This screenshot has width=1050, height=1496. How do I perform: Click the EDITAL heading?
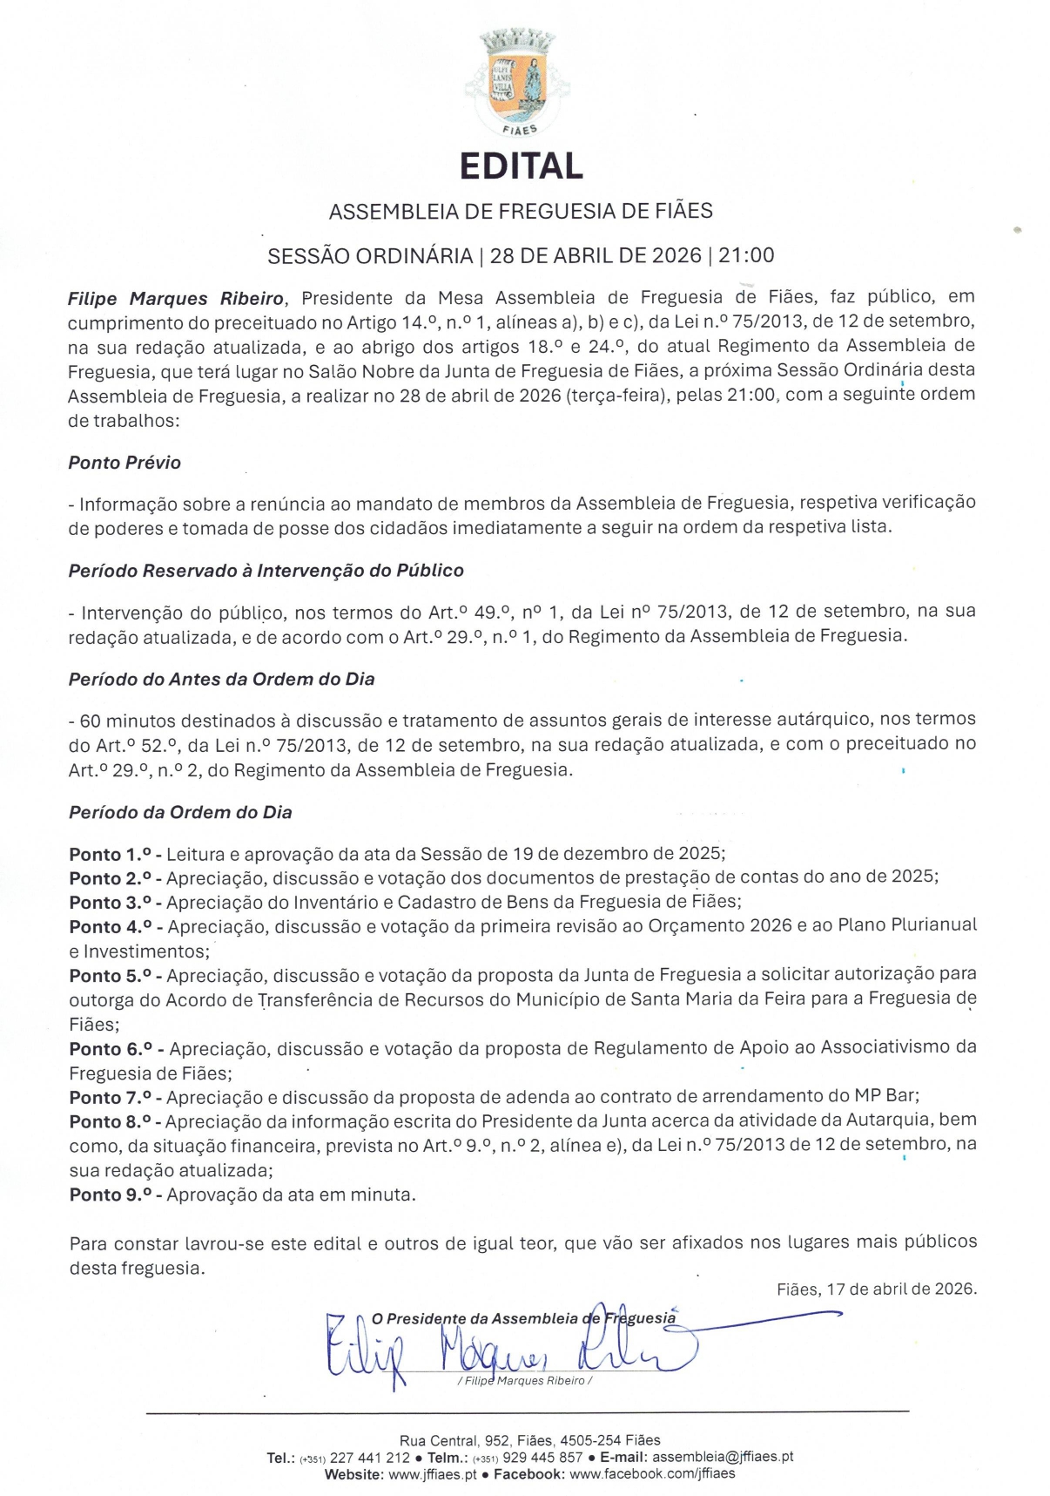(521, 166)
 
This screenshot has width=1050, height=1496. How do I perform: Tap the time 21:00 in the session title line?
(746, 255)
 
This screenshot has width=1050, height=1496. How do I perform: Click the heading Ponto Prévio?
(125, 463)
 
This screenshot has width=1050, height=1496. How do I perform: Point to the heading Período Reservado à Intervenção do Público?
(266, 571)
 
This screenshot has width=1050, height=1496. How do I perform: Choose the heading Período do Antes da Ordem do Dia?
(221, 679)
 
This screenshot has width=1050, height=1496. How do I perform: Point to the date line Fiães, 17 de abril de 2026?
(877, 1289)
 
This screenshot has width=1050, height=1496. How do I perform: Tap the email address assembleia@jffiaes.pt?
(723, 1457)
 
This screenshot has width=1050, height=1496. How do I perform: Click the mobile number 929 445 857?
(542, 1457)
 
